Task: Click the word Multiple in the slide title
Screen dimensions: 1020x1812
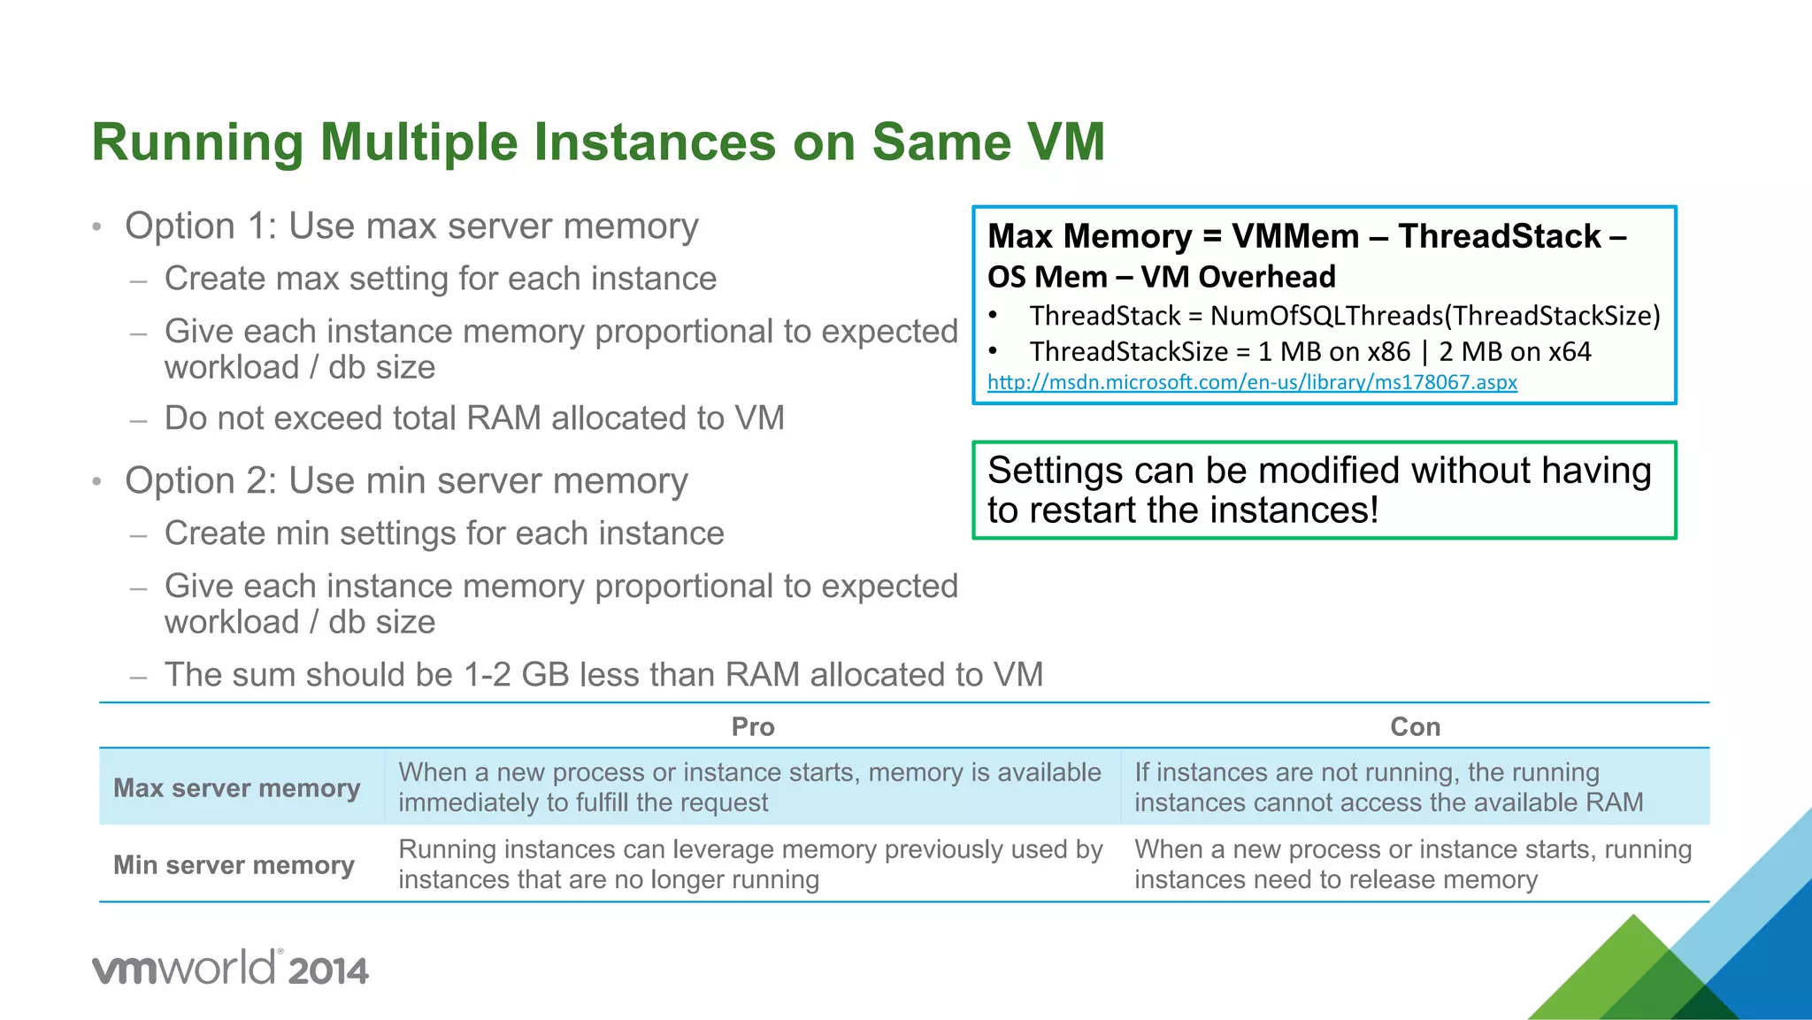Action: [418, 142]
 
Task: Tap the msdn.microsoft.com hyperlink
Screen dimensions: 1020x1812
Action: [1252, 382]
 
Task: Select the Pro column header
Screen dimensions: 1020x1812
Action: [753, 727]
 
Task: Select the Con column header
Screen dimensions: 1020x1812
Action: [1415, 727]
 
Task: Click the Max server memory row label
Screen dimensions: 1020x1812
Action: [237, 787]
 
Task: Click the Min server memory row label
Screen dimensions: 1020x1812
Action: [234, 864]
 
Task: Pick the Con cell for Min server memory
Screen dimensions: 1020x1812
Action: [1412, 864]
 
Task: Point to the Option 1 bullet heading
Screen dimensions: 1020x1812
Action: [411, 226]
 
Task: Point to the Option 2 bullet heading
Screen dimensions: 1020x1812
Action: [406, 481]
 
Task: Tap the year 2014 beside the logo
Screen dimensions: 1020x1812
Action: [327, 971]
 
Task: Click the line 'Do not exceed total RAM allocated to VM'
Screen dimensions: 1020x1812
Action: [474, 418]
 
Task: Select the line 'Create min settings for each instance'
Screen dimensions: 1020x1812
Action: [444, 533]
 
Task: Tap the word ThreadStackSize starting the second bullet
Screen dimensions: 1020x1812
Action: [1128, 352]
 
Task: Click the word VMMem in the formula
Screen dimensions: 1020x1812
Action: [1294, 236]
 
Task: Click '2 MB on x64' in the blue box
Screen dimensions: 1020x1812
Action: [1515, 352]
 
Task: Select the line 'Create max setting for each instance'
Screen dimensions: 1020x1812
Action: [441, 279]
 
